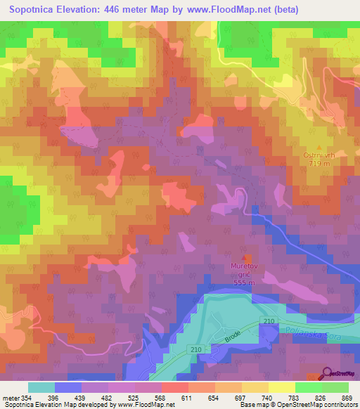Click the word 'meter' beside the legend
tap(12, 398)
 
